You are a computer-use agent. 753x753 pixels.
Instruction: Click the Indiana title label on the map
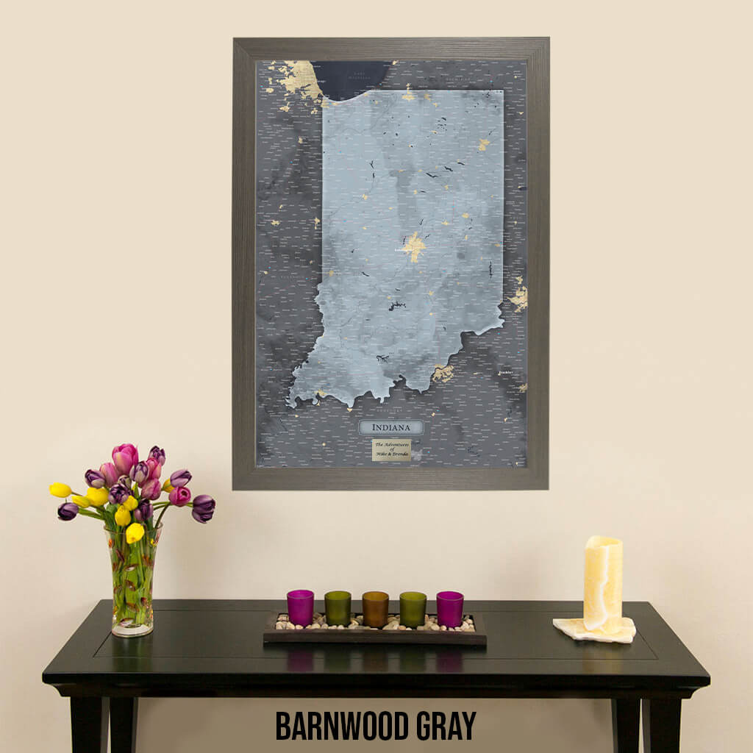tap(390, 427)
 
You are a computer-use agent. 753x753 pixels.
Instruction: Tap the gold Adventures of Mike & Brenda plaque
tap(391, 449)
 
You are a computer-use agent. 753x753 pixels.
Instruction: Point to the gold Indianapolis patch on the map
tap(414, 246)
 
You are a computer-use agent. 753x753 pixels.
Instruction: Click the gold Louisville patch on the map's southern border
tap(442, 373)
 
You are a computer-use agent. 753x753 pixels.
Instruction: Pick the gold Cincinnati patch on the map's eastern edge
tap(519, 296)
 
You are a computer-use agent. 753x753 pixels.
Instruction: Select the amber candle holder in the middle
tap(375, 609)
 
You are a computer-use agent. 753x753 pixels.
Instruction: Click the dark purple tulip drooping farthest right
tap(203, 507)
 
